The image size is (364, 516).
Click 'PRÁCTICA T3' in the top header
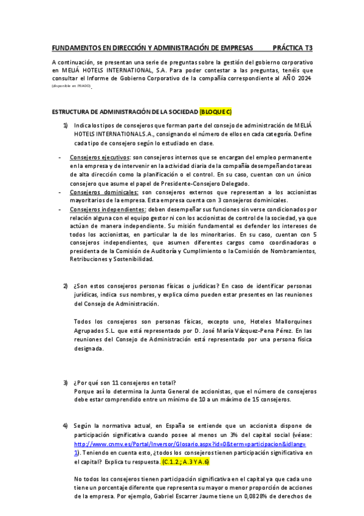292,47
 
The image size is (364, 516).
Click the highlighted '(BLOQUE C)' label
215,113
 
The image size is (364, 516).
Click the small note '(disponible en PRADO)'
71,86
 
